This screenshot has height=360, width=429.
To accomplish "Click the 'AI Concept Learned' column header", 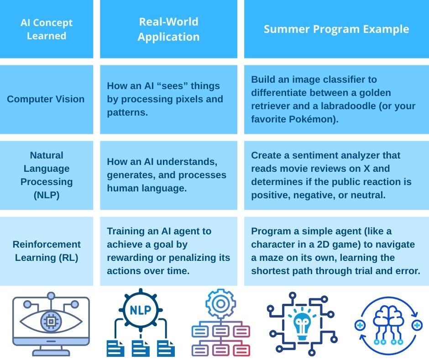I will [47, 29].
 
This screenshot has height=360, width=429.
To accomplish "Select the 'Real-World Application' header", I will [168, 29].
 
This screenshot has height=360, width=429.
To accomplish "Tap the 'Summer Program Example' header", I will [336, 29].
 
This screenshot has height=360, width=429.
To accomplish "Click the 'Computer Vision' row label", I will [46, 99].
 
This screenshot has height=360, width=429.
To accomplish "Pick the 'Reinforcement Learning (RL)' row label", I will [47, 251].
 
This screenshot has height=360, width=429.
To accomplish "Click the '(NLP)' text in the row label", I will [47, 195].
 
